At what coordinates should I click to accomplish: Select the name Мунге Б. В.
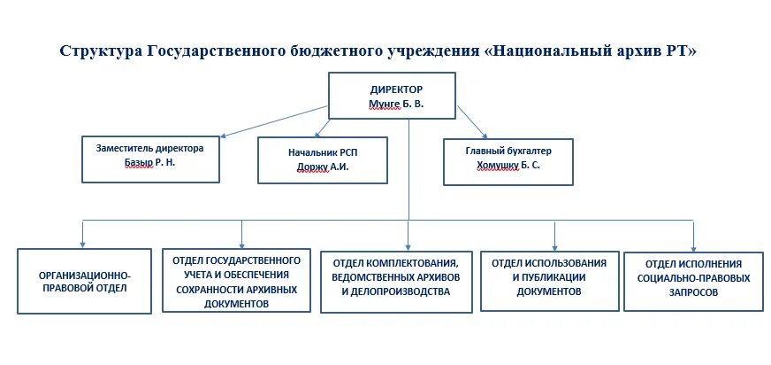pos(396,105)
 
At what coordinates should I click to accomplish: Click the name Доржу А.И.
pos(323,167)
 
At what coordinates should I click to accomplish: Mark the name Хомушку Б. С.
pos(508,165)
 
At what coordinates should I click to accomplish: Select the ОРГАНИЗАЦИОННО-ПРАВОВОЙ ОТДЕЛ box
pos(85,282)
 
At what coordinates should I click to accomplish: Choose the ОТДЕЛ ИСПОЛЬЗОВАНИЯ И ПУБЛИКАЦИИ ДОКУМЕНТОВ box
pos(548,276)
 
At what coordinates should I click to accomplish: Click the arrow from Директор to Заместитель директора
pos(274,121)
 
